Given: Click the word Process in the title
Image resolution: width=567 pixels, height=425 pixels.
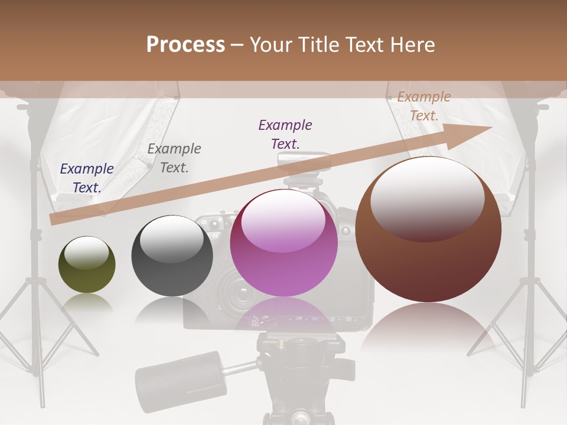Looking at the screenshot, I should [185, 45].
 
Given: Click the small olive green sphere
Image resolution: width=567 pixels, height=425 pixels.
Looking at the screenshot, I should [87, 264].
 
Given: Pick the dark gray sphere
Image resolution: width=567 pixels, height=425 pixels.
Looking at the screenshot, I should [172, 256].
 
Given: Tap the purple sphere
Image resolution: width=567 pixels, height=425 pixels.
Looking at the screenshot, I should [283, 243].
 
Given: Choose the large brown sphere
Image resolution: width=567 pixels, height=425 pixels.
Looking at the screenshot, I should [428, 229].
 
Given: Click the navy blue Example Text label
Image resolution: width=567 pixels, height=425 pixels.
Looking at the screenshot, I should [87, 178].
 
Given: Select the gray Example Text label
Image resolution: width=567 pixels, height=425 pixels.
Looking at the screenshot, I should [174, 158].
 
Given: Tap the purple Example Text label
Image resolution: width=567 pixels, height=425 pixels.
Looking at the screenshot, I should [285, 134].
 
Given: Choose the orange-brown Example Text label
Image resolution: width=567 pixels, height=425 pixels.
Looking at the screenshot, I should [423, 106].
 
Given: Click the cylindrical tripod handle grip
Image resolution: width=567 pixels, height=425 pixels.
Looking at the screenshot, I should [181, 372].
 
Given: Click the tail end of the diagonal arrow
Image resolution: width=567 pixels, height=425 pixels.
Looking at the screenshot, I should [53, 220].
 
